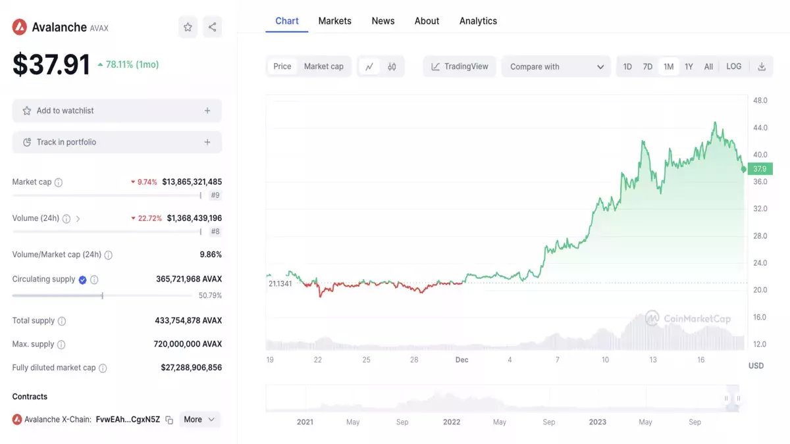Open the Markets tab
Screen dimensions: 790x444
(334, 21)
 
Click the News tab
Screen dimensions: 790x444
(383, 21)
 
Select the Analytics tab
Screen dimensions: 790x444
(478, 21)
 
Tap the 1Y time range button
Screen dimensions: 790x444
(689, 66)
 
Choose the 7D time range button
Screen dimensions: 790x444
(648, 66)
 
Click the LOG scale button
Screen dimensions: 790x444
(733, 66)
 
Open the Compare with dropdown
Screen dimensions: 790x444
(556, 66)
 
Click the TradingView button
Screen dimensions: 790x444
(460, 66)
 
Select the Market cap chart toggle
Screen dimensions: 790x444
(324, 66)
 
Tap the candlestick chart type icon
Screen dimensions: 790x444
(392, 66)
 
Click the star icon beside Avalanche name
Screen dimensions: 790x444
(188, 27)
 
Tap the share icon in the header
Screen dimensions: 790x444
(212, 27)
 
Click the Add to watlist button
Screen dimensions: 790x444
(117, 111)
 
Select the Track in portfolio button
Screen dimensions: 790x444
(117, 142)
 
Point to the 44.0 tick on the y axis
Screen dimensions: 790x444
(760, 128)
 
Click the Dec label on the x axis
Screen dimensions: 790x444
(461, 360)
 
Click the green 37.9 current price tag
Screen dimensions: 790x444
(760, 169)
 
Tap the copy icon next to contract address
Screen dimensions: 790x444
(169, 420)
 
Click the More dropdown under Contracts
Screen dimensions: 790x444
(199, 420)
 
